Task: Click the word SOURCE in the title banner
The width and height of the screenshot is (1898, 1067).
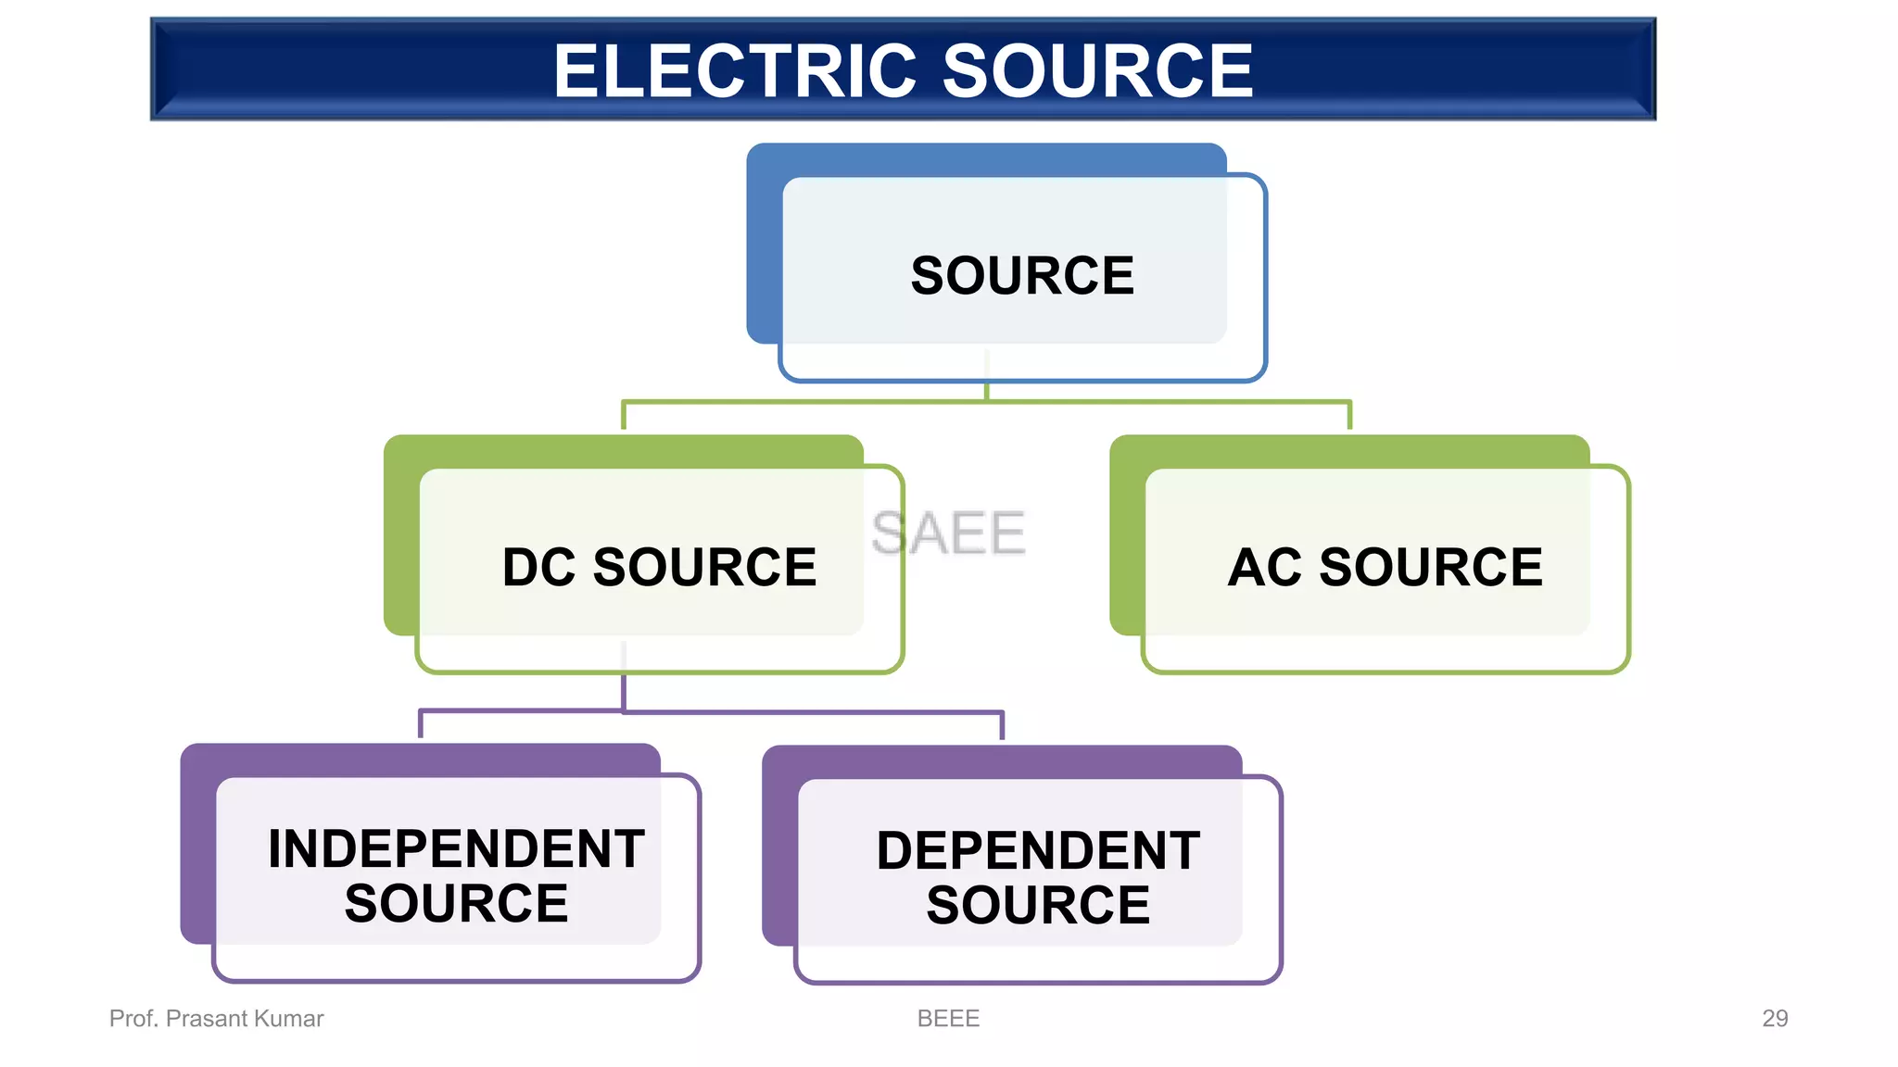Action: point(1097,71)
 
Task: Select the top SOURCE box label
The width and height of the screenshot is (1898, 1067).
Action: point(1022,276)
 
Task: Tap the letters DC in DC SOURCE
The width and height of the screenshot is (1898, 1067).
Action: point(538,567)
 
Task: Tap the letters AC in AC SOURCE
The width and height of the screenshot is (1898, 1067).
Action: point(1264,567)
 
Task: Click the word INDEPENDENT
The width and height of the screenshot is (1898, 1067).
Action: point(456,848)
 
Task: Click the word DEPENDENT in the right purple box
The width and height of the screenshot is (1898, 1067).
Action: point(1038,850)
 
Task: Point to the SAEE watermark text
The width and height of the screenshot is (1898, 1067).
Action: point(948,533)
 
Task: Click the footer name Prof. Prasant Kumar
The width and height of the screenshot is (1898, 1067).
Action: point(216,1018)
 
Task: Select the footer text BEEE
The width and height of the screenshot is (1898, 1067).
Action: point(948,1018)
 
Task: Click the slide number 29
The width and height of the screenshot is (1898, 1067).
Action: point(1775,1018)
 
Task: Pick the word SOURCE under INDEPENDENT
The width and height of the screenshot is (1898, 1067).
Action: point(456,903)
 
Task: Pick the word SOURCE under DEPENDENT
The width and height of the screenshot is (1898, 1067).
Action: point(1038,905)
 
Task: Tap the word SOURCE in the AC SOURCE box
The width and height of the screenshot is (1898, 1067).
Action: point(1431,567)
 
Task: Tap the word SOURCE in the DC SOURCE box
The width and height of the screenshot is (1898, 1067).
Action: point(704,567)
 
